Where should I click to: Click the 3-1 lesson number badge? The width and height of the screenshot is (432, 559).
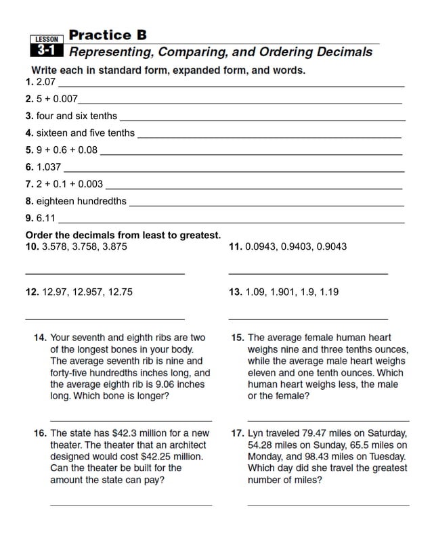pyautogui.click(x=46, y=51)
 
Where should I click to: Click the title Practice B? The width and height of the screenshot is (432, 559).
pyautogui.click(x=108, y=35)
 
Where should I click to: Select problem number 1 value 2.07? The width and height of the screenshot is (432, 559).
pyautogui.click(x=45, y=83)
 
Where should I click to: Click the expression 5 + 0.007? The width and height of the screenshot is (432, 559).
pyautogui.click(x=57, y=99)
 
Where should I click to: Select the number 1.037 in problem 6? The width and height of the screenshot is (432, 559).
pyautogui.click(x=49, y=167)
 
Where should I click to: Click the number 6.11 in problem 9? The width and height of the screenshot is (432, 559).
pyautogui.click(x=46, y=218)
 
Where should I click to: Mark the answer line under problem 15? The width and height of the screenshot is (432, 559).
pyautogui.click(x=328, y=421)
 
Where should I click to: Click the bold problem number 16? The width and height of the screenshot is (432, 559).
pyautogui.click(x=40, y=433)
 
